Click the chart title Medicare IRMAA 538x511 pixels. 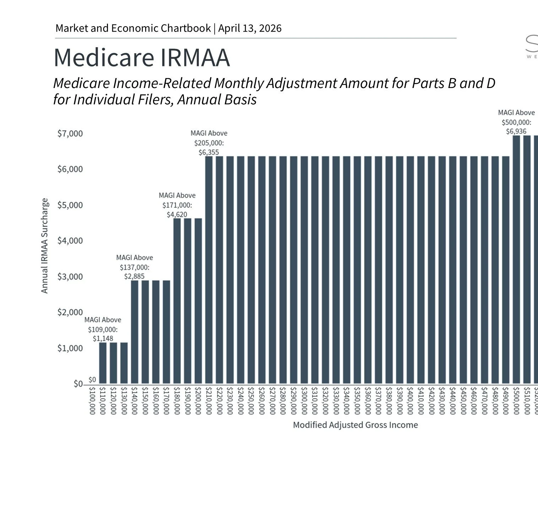[x=142, y=57]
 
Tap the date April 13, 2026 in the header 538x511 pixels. [x=250, y=28]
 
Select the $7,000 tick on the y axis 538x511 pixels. [x=70, y=134]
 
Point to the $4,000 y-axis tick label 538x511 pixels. [x=70, y=241]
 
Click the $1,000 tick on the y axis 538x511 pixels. [x=70, y=348]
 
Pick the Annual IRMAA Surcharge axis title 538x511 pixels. [x=44, y=246]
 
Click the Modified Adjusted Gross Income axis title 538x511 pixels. [x=355, y=425]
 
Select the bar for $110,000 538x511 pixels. [x=103, y=363]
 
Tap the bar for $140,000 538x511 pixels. [x=135, y=332]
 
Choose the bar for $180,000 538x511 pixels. [x=177, y=301]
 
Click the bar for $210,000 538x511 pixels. [x=209, y=270]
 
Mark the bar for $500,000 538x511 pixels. [x=516, y=259]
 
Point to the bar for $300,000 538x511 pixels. [x=304, y=270]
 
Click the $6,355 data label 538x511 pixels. [x=209, y=153]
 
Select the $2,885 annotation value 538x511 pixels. [x=134, y=276]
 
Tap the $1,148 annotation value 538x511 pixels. [x=103, y=339]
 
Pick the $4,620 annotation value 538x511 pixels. [x=177, y=215]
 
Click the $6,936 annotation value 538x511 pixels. [x=516, y=132]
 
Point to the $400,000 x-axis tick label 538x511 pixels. [x=410, y=401]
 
